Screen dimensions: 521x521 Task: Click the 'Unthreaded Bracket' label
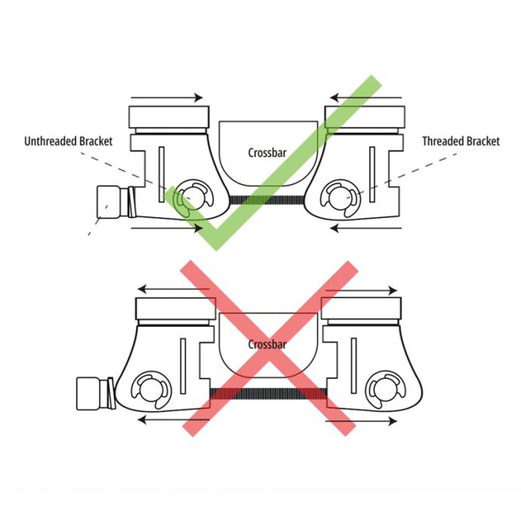[69, 141]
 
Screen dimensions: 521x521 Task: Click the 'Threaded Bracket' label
[461, 141]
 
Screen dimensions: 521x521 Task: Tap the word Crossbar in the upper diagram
[267, 153]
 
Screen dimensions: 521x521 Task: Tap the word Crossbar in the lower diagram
[267, 344]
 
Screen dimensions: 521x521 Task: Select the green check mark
[273, 163]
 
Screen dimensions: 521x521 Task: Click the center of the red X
[269, 348]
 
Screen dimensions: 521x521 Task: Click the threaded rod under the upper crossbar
[267, 200]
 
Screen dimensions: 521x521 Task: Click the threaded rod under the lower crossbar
[268, 393]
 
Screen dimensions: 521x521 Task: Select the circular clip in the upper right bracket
[340, 199]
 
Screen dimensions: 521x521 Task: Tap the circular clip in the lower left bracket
[152, 390]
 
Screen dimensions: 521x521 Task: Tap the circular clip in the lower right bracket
[385, 390]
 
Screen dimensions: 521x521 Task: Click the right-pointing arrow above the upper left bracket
[167, 97]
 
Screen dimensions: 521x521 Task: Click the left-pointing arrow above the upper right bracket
[365, 97]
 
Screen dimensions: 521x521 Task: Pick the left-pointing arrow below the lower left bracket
[173, 421]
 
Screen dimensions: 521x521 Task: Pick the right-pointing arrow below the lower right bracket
[361, 421]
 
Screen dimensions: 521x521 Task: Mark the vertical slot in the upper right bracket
[372, 174]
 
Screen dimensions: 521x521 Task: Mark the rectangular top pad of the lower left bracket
[175, 309]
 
